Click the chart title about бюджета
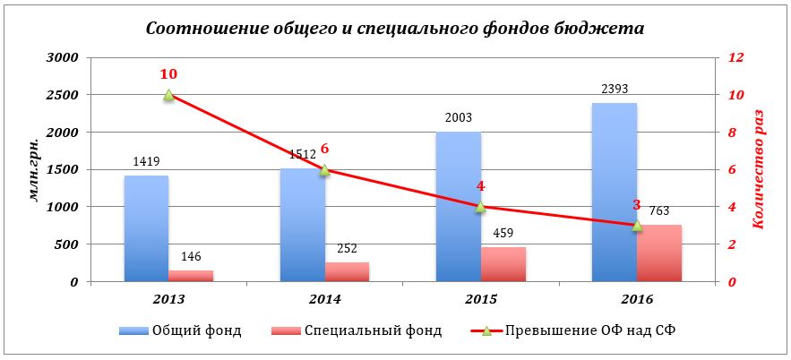tap(395, 29)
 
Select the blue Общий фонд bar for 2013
tap(146, 228)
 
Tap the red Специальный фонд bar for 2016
tap(658, 253)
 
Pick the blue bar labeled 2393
tap(614, 192)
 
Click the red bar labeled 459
tap(503, 264)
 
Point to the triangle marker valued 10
tap(168, 95)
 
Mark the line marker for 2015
tap(480, 207)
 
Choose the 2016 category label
tap(636, 298)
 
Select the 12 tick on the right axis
tap(736, 57)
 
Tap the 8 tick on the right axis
tap(734, 133)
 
